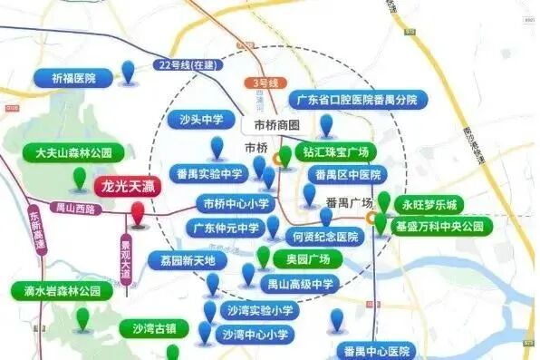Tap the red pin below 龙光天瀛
coord(137,215)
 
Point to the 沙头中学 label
coord(201,119)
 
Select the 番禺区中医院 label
coord(348,174)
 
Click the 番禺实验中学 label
coord(210,174)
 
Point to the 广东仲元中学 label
coord(227,228)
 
